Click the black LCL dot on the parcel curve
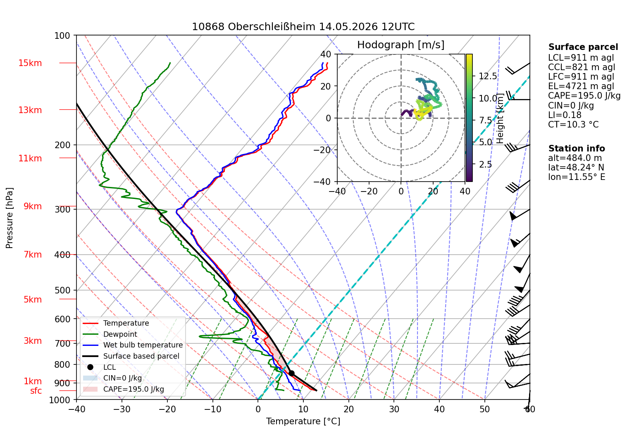(291, 373)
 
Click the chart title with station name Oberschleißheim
(303, 27)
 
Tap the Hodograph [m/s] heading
(401, 45)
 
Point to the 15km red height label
(30, 63)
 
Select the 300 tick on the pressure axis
(62, 209)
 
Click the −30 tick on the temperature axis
(122, 409)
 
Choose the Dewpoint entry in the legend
(120, 334)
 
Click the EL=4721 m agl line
(581, 86)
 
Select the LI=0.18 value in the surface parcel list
(565, 115)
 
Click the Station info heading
(576, 149)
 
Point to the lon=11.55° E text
(577, 177)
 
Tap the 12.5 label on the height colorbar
(488, 76)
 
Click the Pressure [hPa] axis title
(9, 218)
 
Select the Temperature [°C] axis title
(303, 421)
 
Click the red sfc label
(36, 391)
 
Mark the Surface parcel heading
(583, 47)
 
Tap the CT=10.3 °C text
(573, 124)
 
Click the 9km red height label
(33, 206)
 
